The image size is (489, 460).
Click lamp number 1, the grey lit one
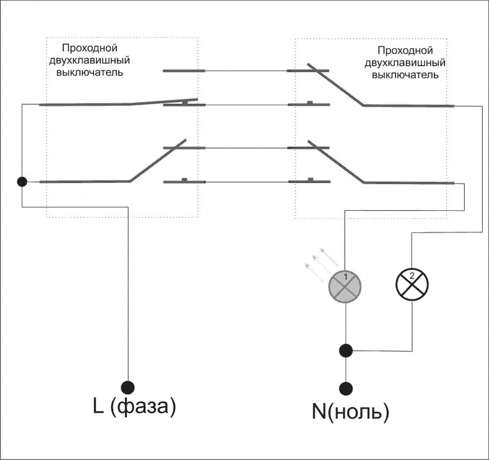[345, 286]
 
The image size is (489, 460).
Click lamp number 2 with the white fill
[412, 284]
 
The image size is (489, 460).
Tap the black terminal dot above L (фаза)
[128, 388]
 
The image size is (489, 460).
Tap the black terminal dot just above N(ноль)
[345, 388]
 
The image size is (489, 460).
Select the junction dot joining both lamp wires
[345, 351]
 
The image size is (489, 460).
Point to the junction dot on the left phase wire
[22, 182]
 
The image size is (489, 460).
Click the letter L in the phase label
[98, 406]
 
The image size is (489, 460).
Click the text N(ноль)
[350, 411]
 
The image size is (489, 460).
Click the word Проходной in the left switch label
[90, 48]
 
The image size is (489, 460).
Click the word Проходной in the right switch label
[405, 51]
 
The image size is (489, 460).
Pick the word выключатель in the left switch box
[90, 72]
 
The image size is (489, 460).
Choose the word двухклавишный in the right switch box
[405, 63]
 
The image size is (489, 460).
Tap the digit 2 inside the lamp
[412, 276]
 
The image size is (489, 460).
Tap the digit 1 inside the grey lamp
[345, 276]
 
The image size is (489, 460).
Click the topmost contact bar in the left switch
[184, 70]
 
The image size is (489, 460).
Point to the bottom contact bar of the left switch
[184, 181]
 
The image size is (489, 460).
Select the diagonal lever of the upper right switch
[335, 85]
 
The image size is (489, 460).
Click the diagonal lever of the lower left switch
[158, 160]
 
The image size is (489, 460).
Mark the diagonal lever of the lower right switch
[336, 162]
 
